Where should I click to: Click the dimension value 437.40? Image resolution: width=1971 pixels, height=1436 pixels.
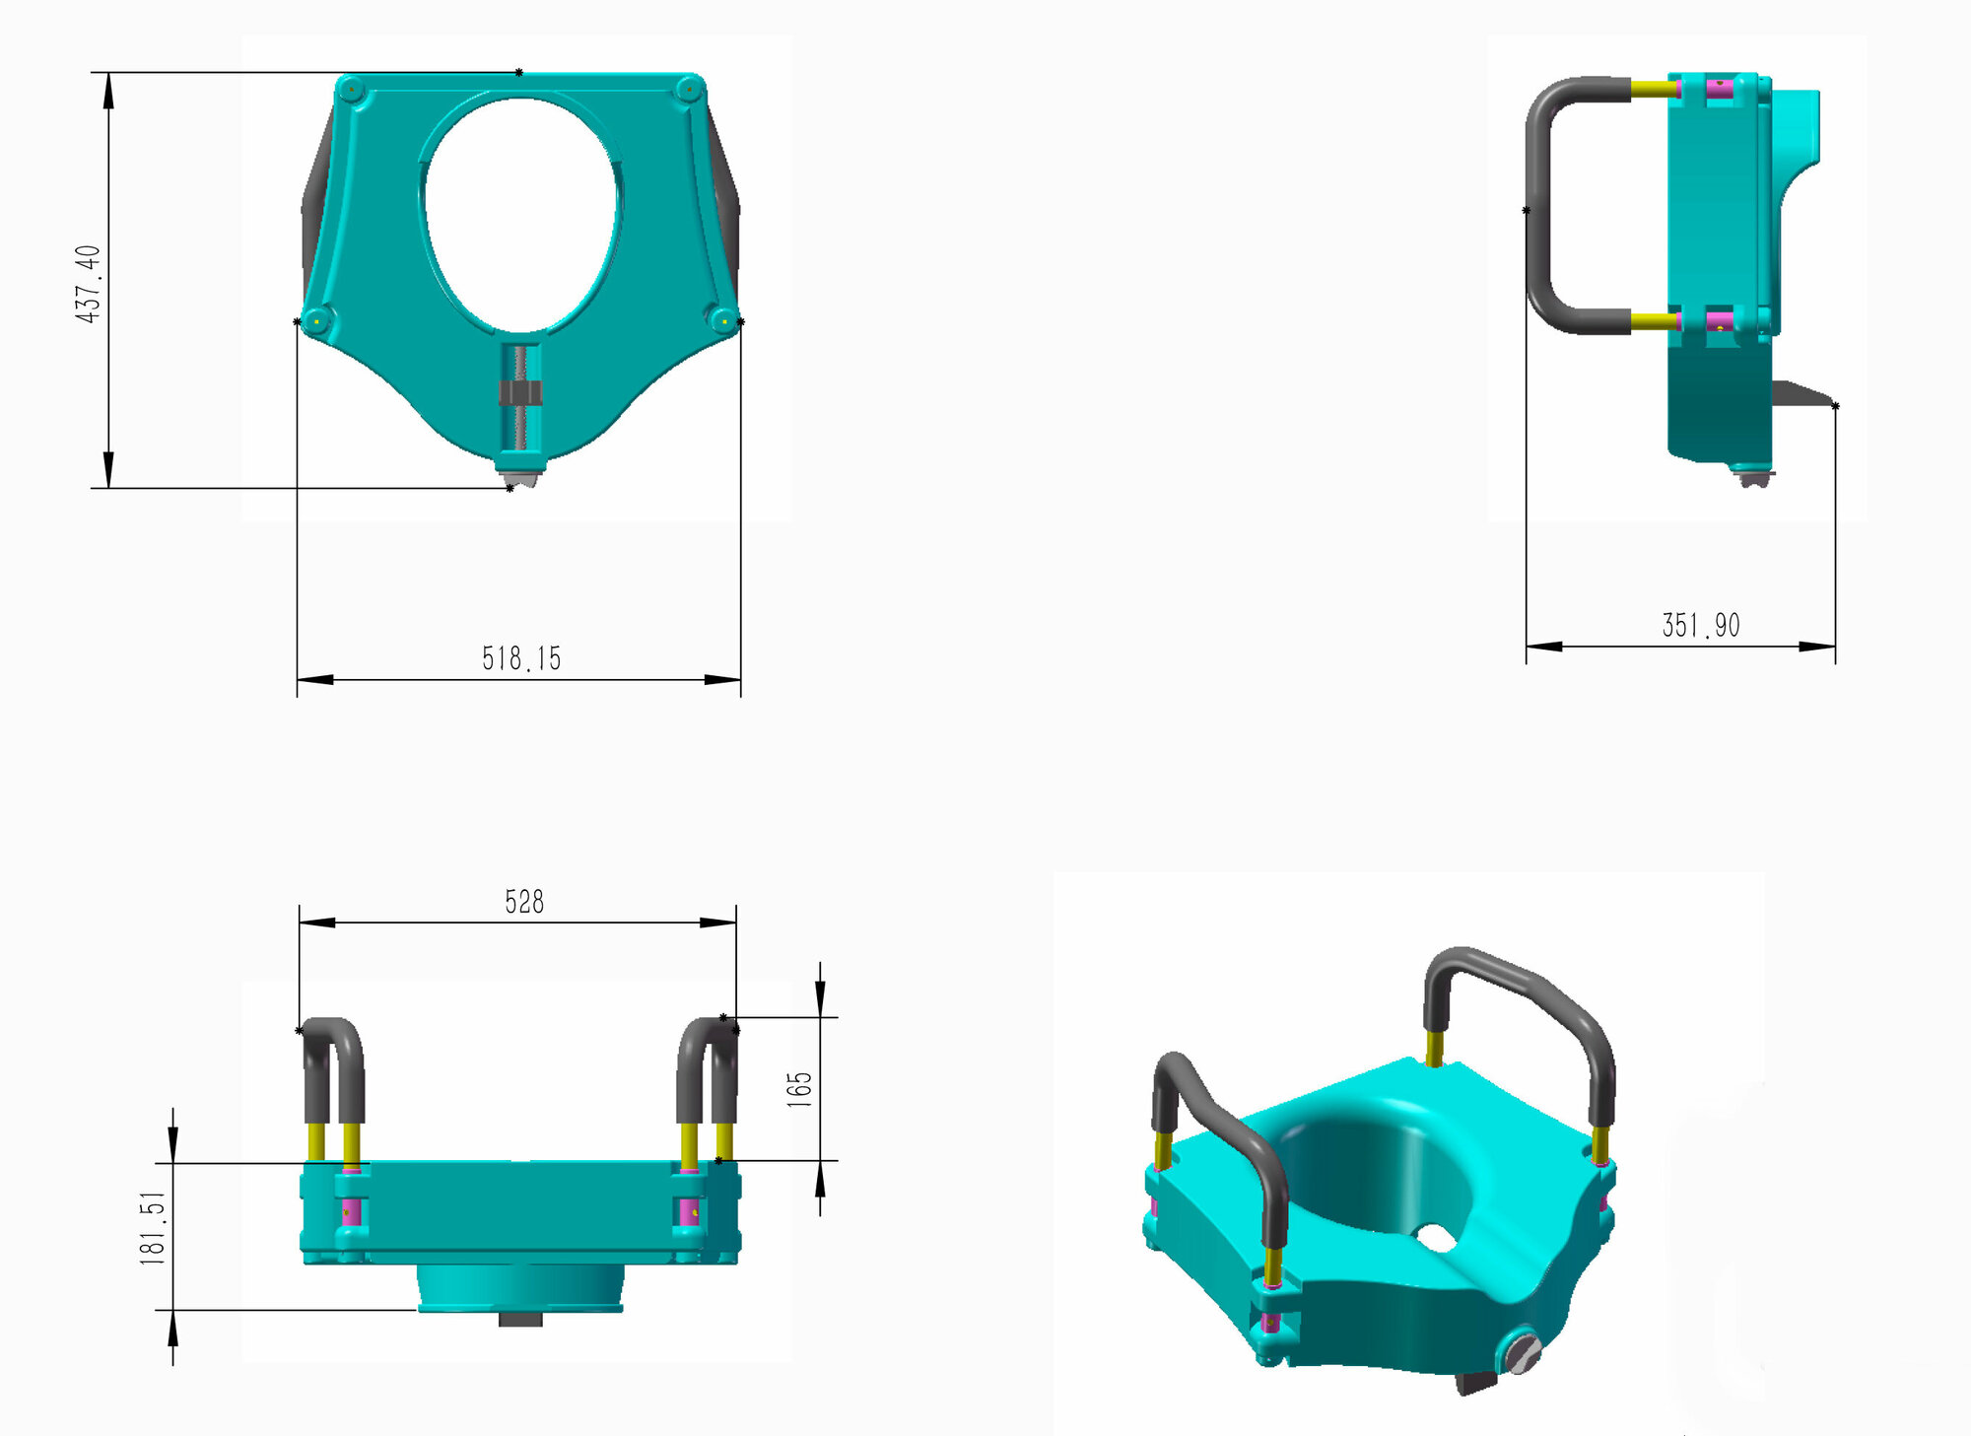88,284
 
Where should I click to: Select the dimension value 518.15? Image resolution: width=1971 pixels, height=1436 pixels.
521,658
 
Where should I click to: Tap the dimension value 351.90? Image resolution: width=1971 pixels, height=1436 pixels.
1701,625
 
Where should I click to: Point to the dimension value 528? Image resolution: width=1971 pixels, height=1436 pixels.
524,901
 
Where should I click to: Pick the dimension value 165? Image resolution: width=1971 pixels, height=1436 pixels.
799,1089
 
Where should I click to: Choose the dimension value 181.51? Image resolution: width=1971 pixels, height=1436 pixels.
153,1228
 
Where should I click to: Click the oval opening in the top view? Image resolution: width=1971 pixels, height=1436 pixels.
521,214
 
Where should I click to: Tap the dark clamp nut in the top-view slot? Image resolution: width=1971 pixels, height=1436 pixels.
520,393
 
